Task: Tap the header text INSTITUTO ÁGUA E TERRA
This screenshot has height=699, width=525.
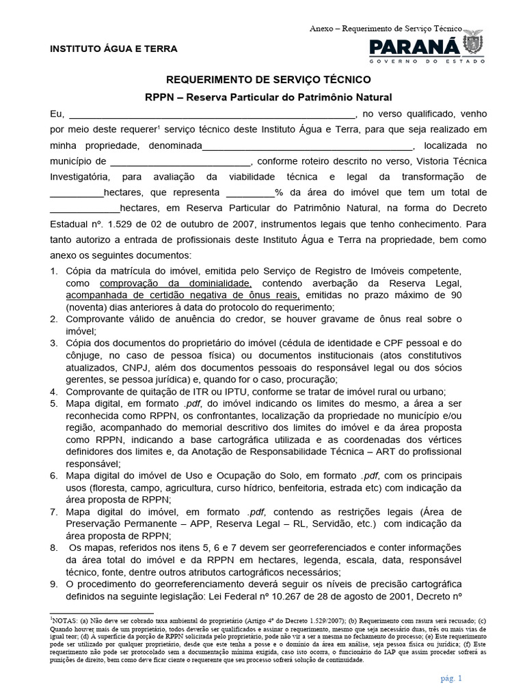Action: tap(113, 49)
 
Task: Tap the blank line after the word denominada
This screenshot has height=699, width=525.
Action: tap(308, 145)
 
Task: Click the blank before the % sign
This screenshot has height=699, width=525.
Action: tap(250, 193)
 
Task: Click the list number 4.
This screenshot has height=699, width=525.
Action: tap(54, 392)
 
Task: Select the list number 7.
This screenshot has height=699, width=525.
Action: tap(54, 511)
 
